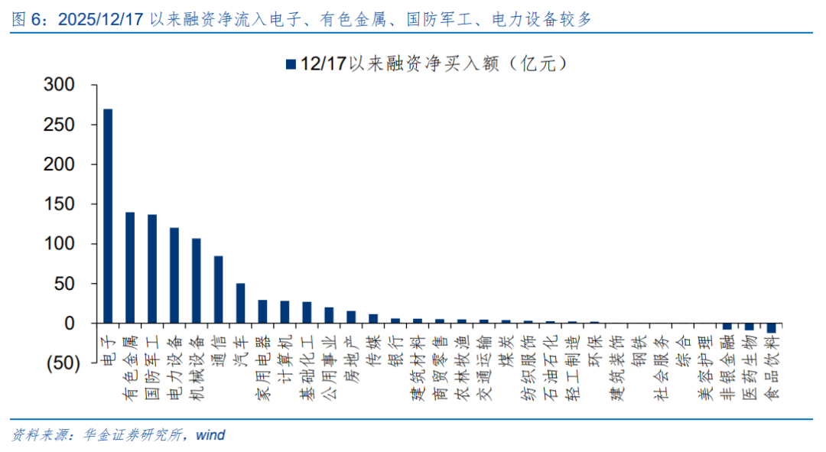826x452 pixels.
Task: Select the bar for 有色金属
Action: tap(130, 268)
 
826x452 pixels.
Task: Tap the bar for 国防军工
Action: tap(152, 269)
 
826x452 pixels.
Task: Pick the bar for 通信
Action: tap(218, 290)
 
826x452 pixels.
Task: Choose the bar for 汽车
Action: tap(240, 304)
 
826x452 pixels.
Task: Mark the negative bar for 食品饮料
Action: tap(772, 328)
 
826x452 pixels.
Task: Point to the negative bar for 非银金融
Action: tap(727, 327)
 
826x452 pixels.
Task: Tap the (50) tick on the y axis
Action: tap(58, 364)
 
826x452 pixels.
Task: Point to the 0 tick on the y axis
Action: tap(70, 324)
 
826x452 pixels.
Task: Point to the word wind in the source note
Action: tap(210, 435)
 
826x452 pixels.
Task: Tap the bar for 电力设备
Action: tap(174, 275)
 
